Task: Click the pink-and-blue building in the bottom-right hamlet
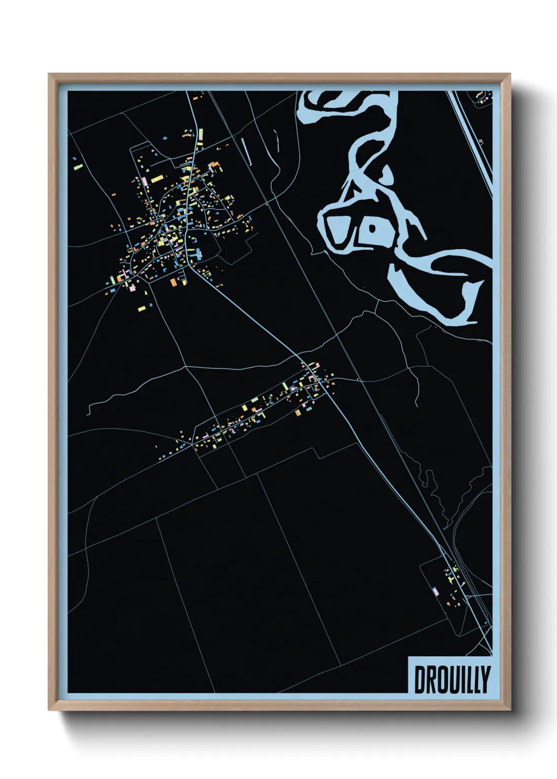point(435,591)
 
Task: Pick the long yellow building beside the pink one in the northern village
point(157,179)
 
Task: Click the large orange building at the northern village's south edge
point(173,282)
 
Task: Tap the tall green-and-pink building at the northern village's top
point(200,134)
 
